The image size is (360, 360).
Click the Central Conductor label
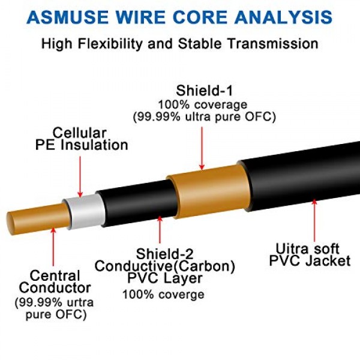55,282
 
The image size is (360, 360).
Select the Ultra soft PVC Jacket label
308,254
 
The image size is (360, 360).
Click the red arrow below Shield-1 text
202,145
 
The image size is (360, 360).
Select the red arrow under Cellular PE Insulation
80,174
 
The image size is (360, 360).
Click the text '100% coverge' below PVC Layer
163,295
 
